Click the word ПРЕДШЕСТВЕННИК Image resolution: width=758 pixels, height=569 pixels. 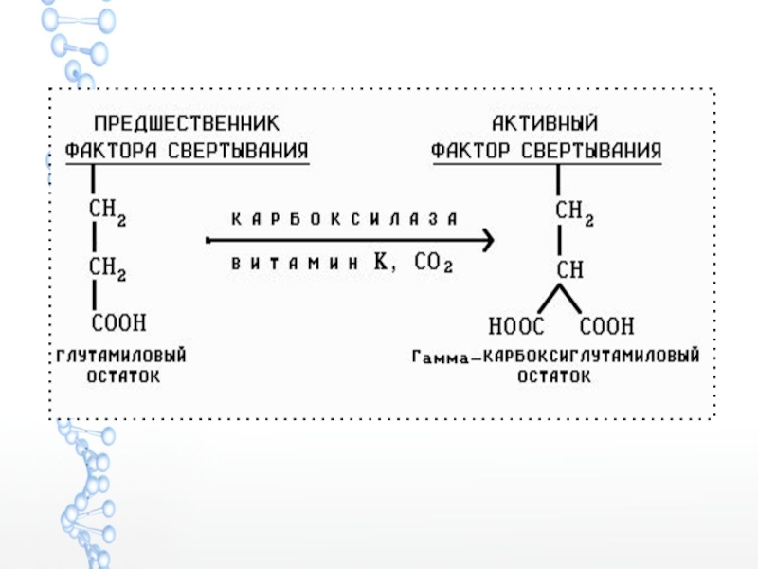click(x=186, y=124)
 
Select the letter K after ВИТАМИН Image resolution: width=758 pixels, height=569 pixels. click(x=382, y=265)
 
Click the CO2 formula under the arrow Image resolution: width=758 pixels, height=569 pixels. click(x=433, y=266)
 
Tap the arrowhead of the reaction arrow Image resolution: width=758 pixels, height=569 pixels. click(x=485, y=242)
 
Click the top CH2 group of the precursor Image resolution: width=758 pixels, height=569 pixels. click(x=108, y=209)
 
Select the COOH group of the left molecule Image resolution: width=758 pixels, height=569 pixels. click(x=118, y=323)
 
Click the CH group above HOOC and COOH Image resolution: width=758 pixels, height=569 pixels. click(x=569, y=270)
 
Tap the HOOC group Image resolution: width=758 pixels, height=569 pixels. click(x=516, y=327)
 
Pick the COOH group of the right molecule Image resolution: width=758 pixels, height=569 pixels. click(x=606, y=327)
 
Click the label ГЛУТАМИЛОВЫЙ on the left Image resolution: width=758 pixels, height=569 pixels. click(x=117, y=356)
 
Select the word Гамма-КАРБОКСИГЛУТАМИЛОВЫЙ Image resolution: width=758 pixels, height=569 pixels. click(x=555, y=358)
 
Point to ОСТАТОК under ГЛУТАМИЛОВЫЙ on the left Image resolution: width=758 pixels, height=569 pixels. click(x=117, y=376)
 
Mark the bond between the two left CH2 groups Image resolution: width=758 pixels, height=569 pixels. click(x=93, y=238)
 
